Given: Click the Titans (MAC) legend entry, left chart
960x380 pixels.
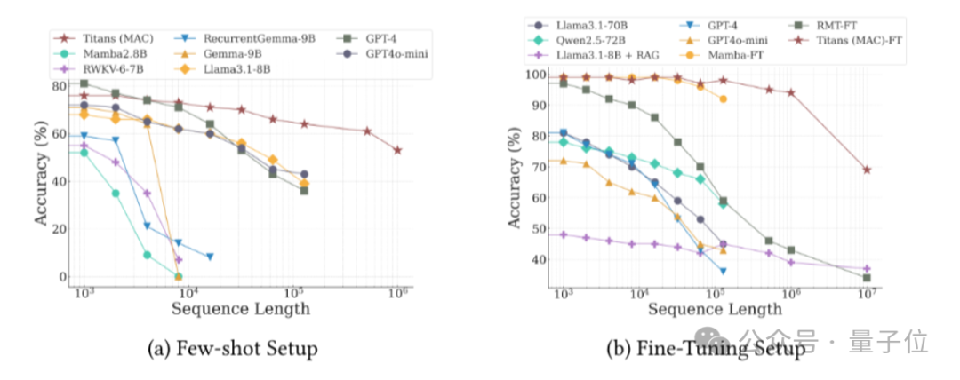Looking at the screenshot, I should [112, 38].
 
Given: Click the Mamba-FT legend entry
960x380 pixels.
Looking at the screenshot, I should [743, 54].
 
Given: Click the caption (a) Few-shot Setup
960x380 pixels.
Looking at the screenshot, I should [232, 349].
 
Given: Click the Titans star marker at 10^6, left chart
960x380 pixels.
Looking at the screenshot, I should [397, 150].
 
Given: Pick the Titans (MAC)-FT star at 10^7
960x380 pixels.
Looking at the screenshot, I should [867, 170].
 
